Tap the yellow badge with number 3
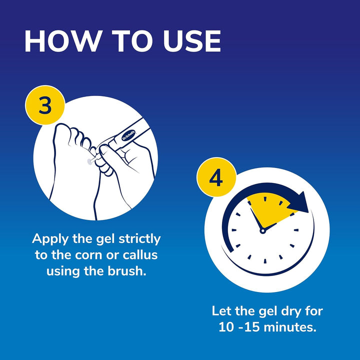45,107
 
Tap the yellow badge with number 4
215,178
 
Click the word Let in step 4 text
221,311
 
